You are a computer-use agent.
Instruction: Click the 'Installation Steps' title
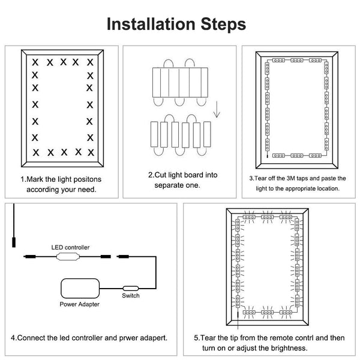point(176,23)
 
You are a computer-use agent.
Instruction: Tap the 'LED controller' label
point(70,247)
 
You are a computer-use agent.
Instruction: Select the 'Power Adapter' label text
point(79,304)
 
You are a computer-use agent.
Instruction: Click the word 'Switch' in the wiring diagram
point(131,296)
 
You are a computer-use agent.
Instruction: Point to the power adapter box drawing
point(79,289)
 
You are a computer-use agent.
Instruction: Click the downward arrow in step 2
point(217,109)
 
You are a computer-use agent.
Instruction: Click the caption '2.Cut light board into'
point(182,175)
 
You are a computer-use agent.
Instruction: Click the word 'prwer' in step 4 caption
point(122,338)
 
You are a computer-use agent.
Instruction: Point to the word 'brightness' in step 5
point(287,348)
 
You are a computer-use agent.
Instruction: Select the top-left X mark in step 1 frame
point(35,61)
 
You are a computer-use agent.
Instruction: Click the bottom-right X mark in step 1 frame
point(90,151)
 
